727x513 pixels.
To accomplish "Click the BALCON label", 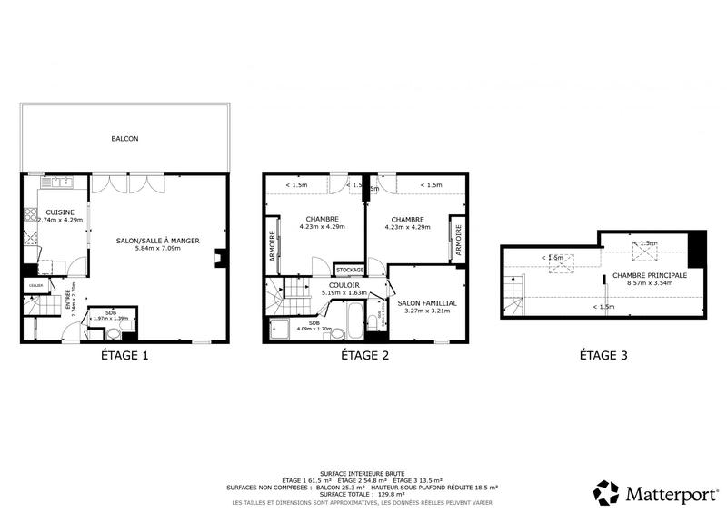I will click(124, 139).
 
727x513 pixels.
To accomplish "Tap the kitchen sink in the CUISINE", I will click(56, 183).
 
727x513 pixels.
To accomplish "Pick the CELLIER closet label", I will click(35, 285).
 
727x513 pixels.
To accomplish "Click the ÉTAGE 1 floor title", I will click(124, 356).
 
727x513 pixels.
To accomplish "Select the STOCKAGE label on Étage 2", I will click(350, 270).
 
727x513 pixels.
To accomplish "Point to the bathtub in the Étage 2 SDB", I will click(354, 321).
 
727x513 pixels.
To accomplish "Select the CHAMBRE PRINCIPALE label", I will click(649, 275).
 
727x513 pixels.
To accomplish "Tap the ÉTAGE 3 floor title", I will click(603, 356).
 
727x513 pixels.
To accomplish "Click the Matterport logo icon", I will click(606, 492).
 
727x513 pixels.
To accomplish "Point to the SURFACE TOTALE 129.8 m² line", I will click(363, 494).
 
